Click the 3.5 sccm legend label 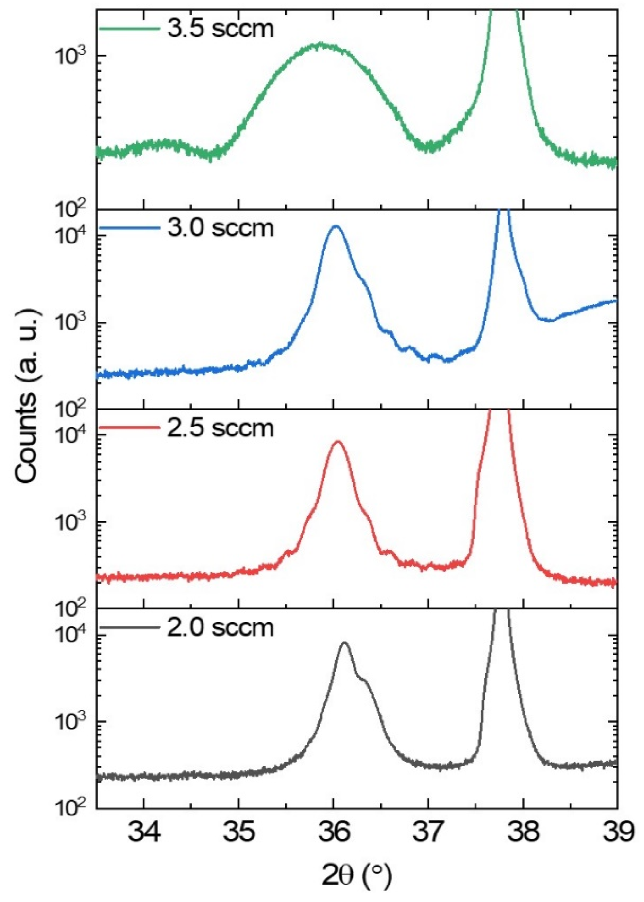click(x=220, y=28)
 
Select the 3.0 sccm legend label click(x=220, y=227)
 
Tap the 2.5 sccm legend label click(x=220, y=428)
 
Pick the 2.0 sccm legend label click(x=220, y=627)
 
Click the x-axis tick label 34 click(x=144, y=832)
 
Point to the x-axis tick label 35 click(x=239, y=832)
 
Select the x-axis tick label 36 click(x=334, y=832)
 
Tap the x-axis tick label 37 click(x=428, y=832)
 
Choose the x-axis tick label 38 click(x=523, y=832)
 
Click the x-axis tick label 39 click(x=618, y=832)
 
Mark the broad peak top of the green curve click(x=321, y=45)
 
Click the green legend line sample click(x=129, y=29)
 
